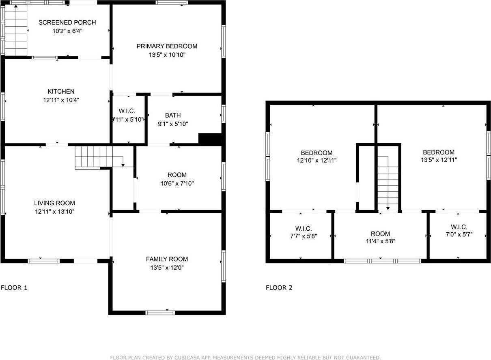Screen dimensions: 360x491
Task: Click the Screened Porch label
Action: pos(67,22)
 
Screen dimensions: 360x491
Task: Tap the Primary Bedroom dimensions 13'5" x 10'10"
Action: pos(167,55)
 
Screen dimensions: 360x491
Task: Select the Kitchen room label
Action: pos(61,92)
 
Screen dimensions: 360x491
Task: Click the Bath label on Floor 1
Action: pos(173,116)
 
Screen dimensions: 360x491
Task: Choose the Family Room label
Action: pos(167,259)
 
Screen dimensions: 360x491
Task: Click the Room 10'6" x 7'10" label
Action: pos(177,175)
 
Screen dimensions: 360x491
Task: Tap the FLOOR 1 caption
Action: pos(14,288)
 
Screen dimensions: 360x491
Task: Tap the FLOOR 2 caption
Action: pos(279,288)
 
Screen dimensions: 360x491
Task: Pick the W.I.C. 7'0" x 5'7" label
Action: pos(459,227)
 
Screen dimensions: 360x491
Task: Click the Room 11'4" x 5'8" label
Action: pos(380,234)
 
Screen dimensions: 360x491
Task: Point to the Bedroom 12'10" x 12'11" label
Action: pos(317,153)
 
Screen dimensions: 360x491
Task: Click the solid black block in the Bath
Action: pos(209,139)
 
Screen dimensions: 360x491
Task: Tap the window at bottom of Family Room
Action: pos(160,312)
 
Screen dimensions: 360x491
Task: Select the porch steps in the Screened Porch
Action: pos(15,30)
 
